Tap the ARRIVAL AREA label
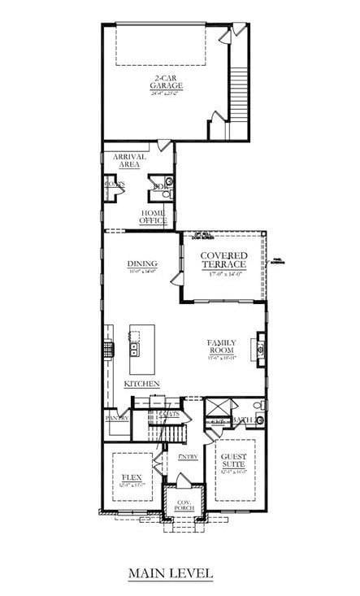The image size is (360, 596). tap(129, 160)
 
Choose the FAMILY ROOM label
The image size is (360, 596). tap(222, 347)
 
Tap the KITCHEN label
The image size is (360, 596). tap(141, 383)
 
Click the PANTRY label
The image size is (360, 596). tap(117, 418)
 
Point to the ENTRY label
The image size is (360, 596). tap(189, 457)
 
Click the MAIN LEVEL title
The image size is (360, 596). tap(171, 573)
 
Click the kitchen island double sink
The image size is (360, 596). tap(134, 350)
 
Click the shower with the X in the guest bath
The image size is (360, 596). tap(218, 407)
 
